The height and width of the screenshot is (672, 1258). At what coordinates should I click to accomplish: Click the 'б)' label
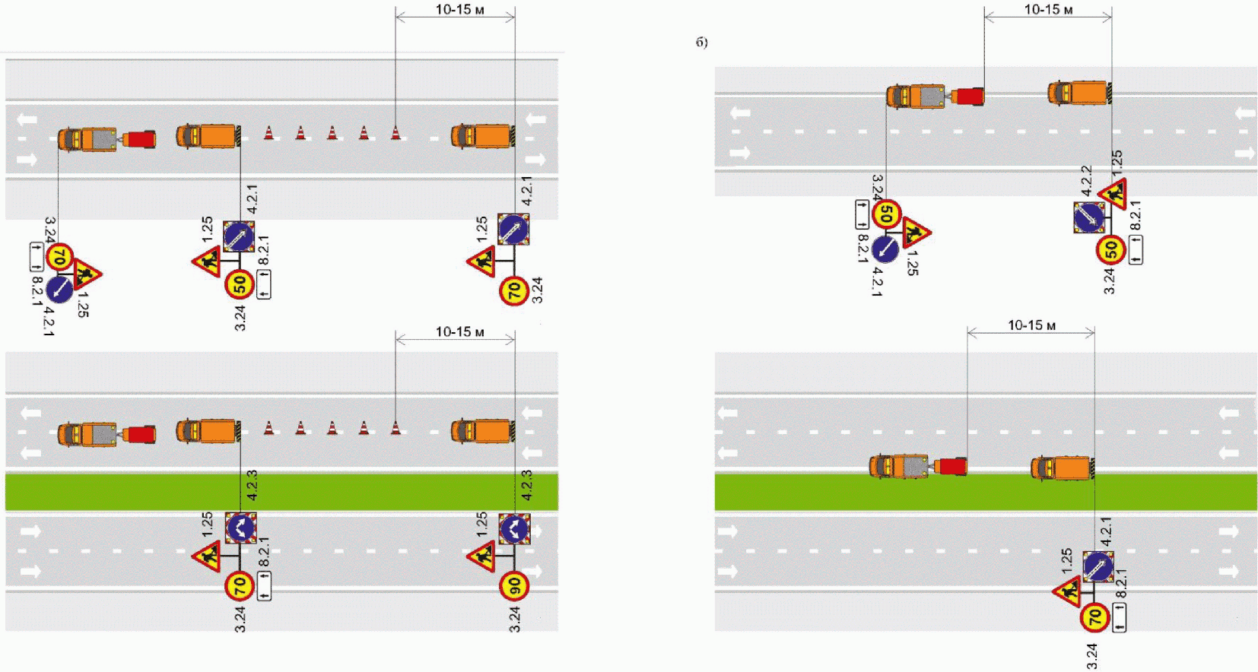tap(701, 43)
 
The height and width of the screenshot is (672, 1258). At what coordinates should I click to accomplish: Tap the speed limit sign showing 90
tap(514, 586)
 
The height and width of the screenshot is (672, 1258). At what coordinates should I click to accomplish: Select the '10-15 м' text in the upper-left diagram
tap(459, 10)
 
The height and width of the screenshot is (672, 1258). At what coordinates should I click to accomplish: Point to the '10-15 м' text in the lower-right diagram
tap(1031, 325)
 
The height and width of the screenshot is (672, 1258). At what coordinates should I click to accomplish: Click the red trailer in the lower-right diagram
tap(951, 466)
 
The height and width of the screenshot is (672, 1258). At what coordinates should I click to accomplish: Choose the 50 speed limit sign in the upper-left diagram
tap(239, 285)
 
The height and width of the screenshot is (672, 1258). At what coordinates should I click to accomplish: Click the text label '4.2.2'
tap(1086, 180)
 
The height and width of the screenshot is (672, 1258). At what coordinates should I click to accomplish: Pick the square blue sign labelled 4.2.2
tap(1089, 217)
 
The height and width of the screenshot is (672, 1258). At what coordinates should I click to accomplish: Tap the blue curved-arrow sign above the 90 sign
tap(514, 528)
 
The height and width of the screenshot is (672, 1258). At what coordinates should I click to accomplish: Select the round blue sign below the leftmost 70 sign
tap(59, 289)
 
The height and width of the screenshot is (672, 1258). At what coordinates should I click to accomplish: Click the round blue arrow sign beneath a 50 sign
tap(885, 248)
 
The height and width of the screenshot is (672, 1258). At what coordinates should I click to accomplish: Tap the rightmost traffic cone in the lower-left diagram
tap(396, 428)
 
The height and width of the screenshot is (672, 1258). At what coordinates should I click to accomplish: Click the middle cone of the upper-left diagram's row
tap(332, 133)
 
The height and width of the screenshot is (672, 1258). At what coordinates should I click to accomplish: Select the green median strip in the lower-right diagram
tap(986, 492)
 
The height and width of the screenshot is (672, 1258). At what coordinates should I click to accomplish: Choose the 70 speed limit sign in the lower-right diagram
tap(1094, 617)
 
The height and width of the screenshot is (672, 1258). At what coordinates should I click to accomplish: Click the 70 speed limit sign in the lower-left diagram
tap(239, 586)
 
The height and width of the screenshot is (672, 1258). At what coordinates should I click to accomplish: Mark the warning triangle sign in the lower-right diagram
tap(1068, 591)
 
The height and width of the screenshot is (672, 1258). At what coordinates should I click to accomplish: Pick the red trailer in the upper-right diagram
tap(968, 97)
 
